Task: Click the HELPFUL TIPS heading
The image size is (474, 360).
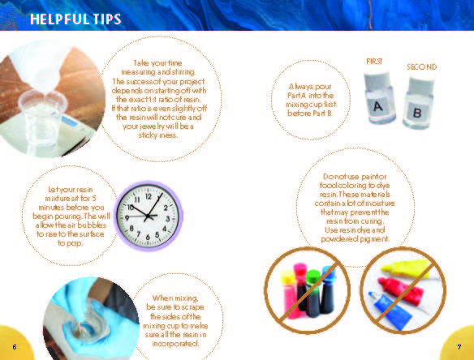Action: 75,19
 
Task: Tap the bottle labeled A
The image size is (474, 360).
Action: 379,97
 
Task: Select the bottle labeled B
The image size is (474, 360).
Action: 419,103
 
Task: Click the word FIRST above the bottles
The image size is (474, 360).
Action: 374,62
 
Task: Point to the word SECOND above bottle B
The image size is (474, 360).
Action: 422,66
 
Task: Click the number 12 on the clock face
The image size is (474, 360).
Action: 149,196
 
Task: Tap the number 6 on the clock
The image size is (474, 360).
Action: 148,238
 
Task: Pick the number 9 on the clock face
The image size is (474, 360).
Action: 127,217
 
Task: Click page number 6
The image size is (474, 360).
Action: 15,347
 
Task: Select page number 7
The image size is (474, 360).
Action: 459,347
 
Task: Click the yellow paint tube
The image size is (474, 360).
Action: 407,268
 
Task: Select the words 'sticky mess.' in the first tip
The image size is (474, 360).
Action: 158,135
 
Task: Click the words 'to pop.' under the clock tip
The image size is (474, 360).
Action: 70,243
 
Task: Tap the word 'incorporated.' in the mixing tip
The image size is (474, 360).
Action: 175,344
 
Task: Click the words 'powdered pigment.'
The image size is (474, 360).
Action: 355,239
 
